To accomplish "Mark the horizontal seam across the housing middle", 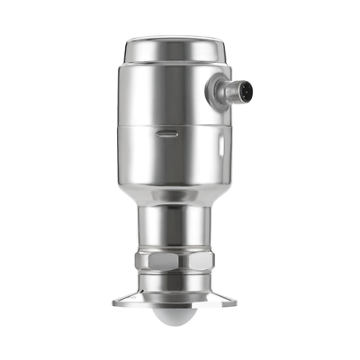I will point(170,124).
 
